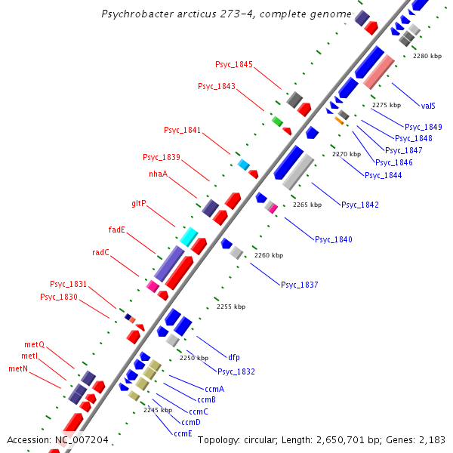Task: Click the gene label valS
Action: [428, 106]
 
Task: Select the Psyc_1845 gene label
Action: [234, 65]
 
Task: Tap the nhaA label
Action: [158, 174]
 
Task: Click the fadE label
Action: [117, 230]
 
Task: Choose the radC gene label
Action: [100, 253]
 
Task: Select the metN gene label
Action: [18, 369]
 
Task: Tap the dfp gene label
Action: [234, 357]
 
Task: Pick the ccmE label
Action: [183, 434]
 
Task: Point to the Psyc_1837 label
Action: [300, 285]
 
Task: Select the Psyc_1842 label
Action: [360, 205]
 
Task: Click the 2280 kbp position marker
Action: [427, 57]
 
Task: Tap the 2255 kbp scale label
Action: [231, 307]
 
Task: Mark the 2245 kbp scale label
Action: [158, 410]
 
